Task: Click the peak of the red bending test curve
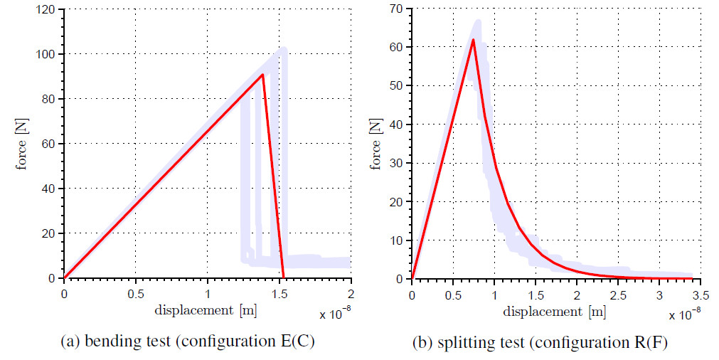[262, 74]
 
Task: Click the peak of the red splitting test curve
[473, 40]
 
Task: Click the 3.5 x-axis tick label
[701, 292]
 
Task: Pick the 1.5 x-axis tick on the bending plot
[279, 292]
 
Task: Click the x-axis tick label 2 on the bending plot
[351, 292]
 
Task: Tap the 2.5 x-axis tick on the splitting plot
[619, 292]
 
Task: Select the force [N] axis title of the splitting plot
[376, 143]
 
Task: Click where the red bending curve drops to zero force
[284, 277]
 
